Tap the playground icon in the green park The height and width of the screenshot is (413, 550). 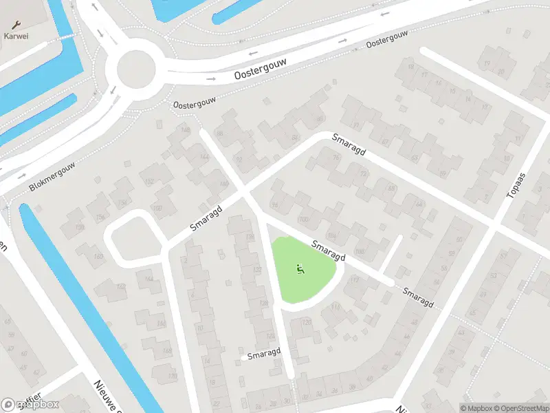click(x=300, y=269)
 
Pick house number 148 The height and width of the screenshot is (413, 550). click(x=184, y=130)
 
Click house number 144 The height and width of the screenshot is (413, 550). click(x=204, y=158)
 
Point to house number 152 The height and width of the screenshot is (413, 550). click(x=150, y=182)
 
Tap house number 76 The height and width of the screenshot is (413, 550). click(x=336, y=158)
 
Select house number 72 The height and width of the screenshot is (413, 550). click(x=364, y=173)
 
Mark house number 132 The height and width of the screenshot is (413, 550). click(x=257, y=270)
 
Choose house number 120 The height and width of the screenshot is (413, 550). click(x=307, y=322)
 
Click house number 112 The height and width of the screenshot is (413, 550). click(x=355, y=279)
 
